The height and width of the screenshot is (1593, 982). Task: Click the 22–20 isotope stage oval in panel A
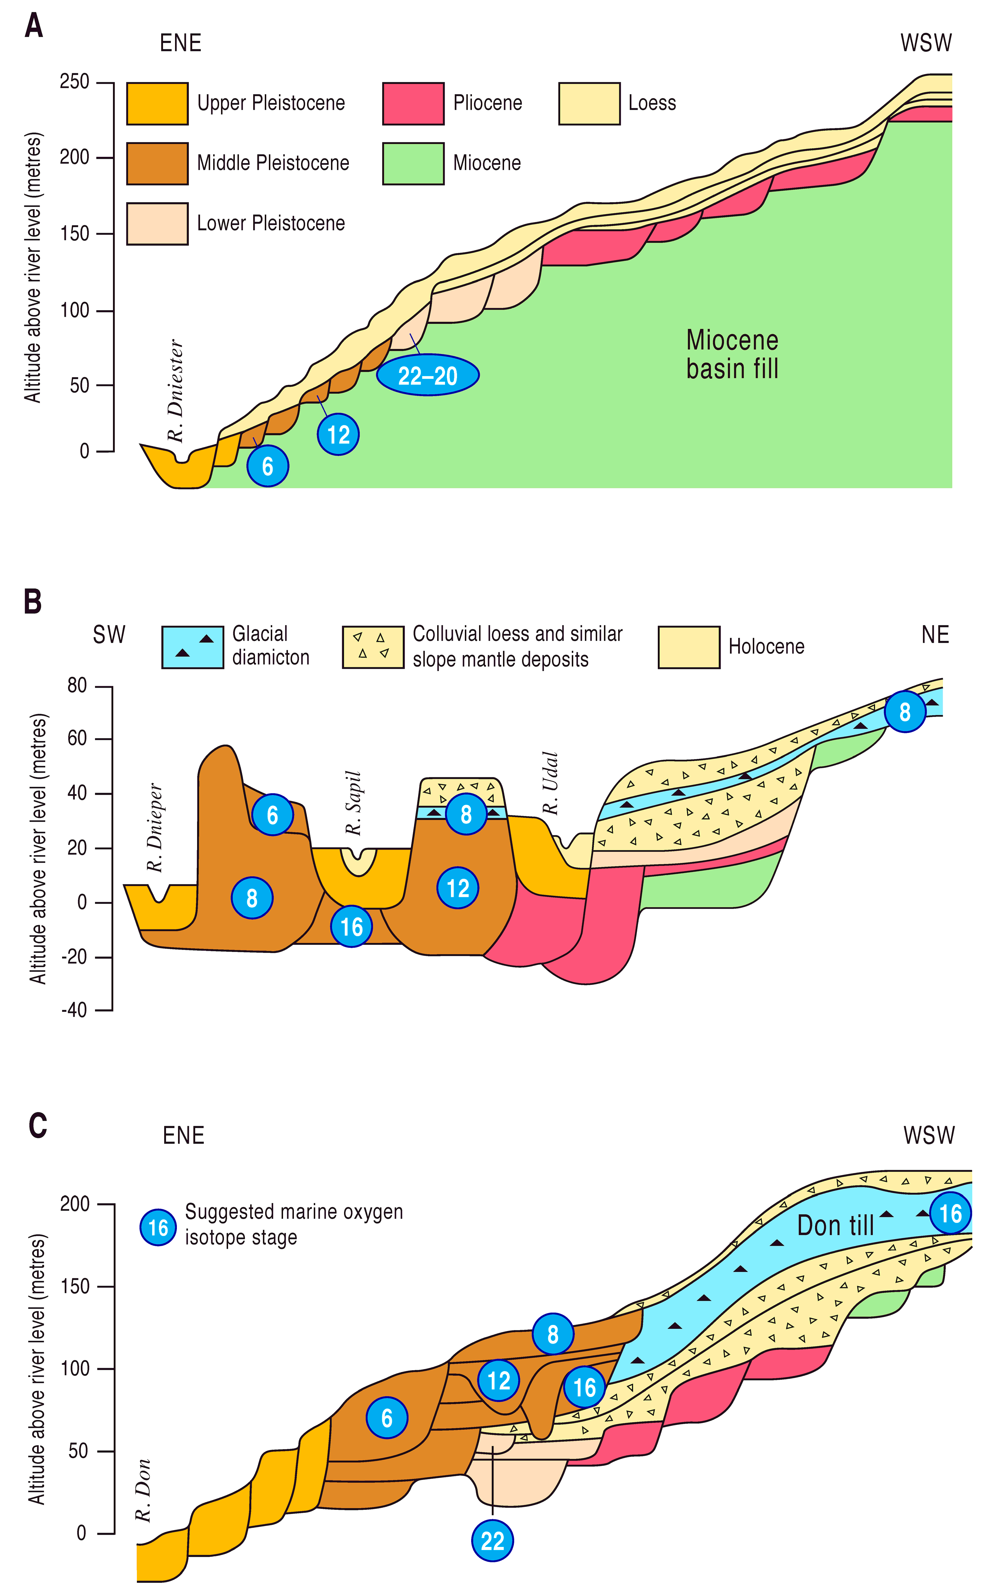coord(428,376)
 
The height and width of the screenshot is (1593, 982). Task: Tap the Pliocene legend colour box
coord(413,103)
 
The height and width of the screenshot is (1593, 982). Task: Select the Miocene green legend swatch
coord(413,163)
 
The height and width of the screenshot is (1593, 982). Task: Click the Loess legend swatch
coord(589,103)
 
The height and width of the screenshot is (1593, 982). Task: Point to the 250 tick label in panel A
coord(75,82)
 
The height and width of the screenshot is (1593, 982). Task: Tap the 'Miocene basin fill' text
coord(732,354)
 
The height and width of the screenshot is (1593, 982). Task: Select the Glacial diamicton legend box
coord(192,647)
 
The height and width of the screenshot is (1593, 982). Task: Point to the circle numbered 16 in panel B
coord(352,926)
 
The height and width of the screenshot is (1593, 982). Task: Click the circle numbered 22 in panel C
coord(492,1540)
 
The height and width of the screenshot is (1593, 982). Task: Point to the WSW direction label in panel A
coord(926,43)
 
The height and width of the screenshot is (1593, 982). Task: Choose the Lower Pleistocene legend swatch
coord(157,223)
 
